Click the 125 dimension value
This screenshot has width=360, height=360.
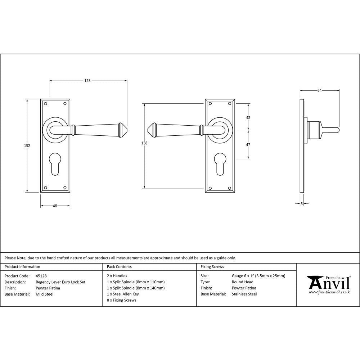click(x=87, y=81)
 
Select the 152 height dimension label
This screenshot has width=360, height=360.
click(x=27, y=146)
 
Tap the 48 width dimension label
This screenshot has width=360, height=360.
click(x=55, y=206)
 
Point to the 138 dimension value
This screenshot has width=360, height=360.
click(x=144, y=143)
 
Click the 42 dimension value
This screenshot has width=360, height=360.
click(x=248, y=118)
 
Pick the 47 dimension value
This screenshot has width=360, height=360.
click(x=248, y=144)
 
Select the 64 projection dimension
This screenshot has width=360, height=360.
click(x=319, y=91)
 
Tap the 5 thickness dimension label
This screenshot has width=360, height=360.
click(x=301, y=204)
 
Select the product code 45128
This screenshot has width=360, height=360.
click(x=41, y=276)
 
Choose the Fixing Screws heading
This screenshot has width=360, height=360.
click(x=212, y=267)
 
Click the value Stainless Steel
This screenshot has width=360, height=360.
click(x=244, y=294)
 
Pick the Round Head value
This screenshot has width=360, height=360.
click(x=242, y=282)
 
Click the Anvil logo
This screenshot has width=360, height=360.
click(x=328, y=284)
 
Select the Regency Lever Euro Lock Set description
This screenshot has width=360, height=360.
click(x=60, y=282)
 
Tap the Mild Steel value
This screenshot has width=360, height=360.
click(x=44, y=294)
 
